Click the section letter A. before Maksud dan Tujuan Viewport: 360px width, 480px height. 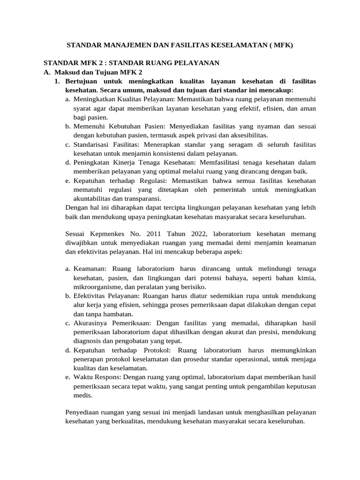tap(46, 72)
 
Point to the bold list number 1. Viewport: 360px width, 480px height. tap(57, 81)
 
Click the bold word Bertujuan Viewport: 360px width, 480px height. tap(82, 81)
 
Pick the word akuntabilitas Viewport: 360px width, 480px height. tap(93, 198)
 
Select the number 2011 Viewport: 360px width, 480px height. tap(155, 233)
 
